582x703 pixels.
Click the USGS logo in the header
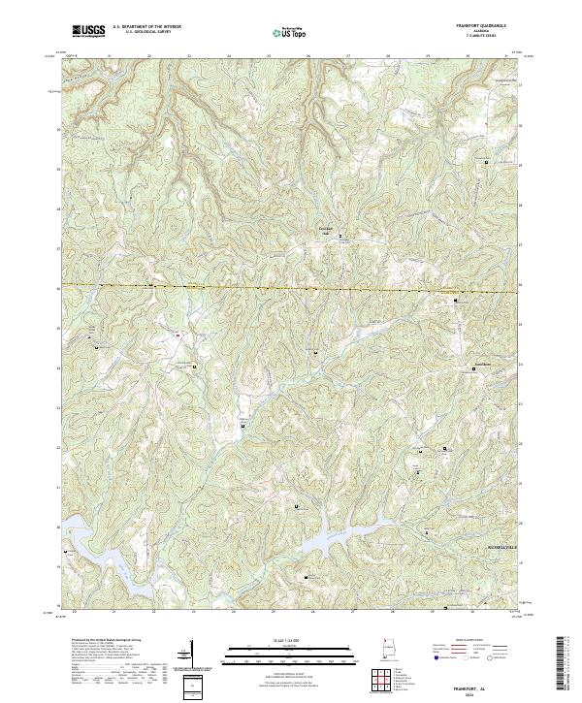pyautogui.click(x=88, y=32)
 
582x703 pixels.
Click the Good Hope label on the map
pyautogui.click(x=326, y=229)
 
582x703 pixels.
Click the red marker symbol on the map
pyautogui.click(x=178, y=335)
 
